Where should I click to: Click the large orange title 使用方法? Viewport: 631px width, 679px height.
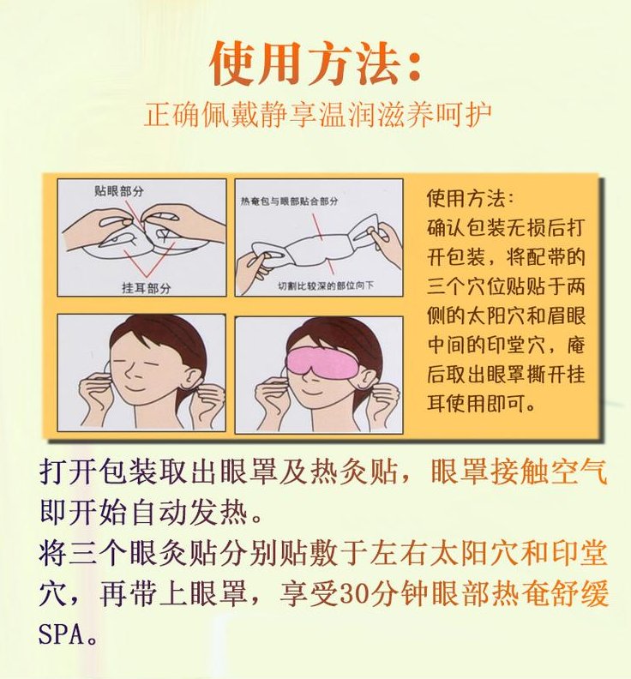coord(315,64)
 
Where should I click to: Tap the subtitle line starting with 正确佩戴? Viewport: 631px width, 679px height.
coord(317,114)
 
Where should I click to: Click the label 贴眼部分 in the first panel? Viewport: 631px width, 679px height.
coord(118,190)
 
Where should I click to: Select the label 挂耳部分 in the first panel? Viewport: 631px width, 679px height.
coord(147,287)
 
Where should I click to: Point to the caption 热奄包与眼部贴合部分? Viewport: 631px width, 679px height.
coord(289,201)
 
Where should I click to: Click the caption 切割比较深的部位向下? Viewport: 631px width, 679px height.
coord(326,285)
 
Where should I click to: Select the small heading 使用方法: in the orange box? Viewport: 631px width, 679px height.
coord(471,198)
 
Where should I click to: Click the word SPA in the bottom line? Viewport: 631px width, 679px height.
coord(61,634)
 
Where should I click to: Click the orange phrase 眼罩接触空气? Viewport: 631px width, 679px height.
coord(519,471)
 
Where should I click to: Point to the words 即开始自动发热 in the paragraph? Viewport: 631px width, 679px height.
coord(144,513)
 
